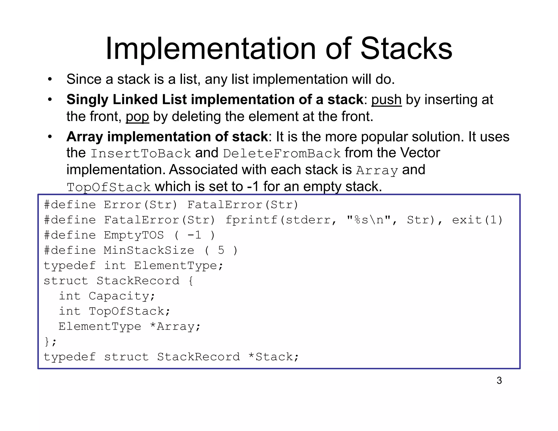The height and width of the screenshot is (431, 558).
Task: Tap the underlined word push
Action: coord(386,100)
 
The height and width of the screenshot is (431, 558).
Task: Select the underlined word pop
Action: coord(137,117)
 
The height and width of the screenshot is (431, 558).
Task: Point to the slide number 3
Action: coord(499,380)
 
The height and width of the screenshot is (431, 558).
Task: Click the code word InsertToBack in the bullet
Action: coord(141,153)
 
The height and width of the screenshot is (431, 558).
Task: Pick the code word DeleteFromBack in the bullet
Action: coord(282,153)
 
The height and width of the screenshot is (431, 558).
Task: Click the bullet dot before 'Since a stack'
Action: coord(50,80)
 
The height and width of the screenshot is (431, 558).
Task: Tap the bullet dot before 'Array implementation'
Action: coord(50,137)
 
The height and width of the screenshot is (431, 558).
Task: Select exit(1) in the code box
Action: coord(477,220)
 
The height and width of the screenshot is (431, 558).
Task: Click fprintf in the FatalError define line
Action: coord(251,220)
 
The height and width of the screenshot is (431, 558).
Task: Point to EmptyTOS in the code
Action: coord(134,235)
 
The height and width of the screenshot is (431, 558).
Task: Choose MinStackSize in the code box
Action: coord(149,250)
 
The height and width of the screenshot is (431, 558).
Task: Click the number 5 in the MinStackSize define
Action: coord(221,250)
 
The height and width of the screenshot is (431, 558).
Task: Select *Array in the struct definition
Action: coord(175,326)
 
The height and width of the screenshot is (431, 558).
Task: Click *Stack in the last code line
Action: coord(274,357)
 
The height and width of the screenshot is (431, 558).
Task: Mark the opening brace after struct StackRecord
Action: coord(190,281)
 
